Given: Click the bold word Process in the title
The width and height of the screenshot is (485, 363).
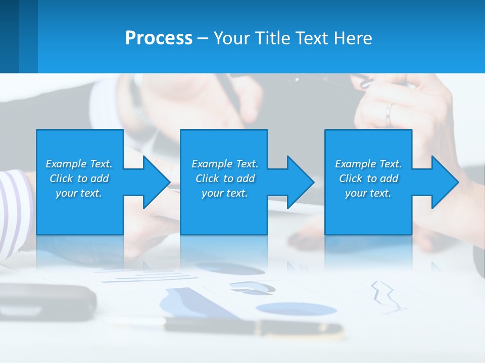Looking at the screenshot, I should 159,38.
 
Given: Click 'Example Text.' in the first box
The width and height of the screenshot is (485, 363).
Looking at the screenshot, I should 79,164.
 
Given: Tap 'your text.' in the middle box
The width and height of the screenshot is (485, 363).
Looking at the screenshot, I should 224,193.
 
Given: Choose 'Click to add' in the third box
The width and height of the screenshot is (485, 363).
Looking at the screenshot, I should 368,178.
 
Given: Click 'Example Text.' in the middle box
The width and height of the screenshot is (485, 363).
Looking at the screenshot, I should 224,164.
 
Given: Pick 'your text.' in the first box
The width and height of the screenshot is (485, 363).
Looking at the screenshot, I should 79,193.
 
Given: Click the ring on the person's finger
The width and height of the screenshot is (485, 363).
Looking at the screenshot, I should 389,115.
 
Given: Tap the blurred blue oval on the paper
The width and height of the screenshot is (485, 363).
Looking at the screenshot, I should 296,309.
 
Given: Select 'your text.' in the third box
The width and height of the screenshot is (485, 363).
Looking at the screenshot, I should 368,193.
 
